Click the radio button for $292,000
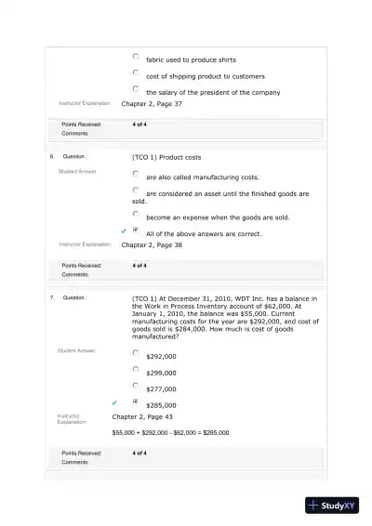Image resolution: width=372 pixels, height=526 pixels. [x=136, y=353]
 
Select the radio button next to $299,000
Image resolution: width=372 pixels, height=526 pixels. [x=136, y=369]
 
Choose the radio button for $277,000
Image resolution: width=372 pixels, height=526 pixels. [x=136, y=386]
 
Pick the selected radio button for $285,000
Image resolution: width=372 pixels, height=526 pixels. [x=136, y=402]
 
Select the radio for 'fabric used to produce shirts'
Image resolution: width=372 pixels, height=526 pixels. [x=136, y=58]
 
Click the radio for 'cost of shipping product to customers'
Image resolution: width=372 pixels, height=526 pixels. [x=136, y=73]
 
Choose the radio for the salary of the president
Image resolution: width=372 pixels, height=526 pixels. [x=136, y=89]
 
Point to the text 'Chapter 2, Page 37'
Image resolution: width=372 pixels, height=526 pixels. [x=152, y=104]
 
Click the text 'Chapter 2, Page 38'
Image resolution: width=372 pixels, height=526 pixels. [x=152, y=245]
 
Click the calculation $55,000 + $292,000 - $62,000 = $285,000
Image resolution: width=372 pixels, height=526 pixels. [x=170, y=433]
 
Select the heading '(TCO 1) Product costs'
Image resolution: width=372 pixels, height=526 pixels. [x=167, y=157]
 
